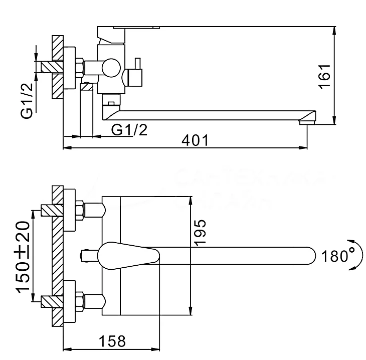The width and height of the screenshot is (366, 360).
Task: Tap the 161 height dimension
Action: [x=324, y=76]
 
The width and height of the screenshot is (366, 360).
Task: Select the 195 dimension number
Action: [x=200, y=232]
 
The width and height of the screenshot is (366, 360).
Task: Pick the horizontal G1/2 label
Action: [x=129, y=129]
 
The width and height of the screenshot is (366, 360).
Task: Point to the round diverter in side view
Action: [x=110, y=68]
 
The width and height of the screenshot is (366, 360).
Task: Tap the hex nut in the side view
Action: [x=79, y=67]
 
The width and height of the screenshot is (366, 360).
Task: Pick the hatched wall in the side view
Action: [x=57, y=67]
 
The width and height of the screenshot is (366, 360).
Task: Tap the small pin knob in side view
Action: [x=135, y=64]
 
